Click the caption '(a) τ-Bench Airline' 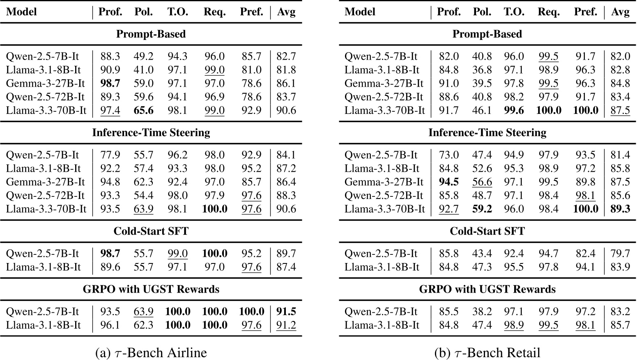[x=151, y=353]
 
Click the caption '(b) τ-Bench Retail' [x=487, y=353]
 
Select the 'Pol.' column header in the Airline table [x=143, y=12]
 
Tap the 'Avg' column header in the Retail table [x=620, y=12]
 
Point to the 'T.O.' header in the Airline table [x=177, y=12]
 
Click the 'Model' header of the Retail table [x=360, y=12]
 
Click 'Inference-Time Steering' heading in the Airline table [x=151, y=132]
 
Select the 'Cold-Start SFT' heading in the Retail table [x=487, y=231]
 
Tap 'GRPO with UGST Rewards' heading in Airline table [x=151, y=289]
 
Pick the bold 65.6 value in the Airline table [x=143, y=110]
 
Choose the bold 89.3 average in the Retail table [x=620, y=209]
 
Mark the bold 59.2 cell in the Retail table [x=482, y=209]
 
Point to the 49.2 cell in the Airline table [x=143, y=56]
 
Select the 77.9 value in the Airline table [x=110, y=155]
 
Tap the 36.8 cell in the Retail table [x=482, y=70]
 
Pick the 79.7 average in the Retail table [x=620, y=254]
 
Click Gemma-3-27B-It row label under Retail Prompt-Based [x=384, y=83]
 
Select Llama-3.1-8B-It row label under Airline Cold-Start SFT [x=43, y=267]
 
